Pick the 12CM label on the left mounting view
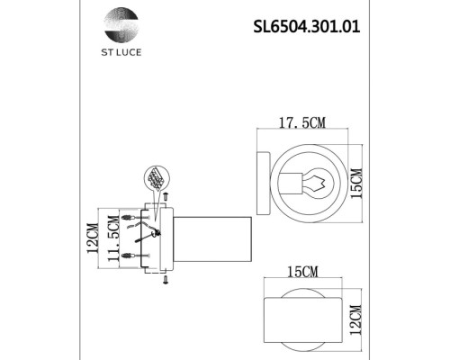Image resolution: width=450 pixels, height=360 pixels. (92, 238)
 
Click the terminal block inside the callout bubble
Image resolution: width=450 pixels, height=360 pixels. (157, 175)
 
